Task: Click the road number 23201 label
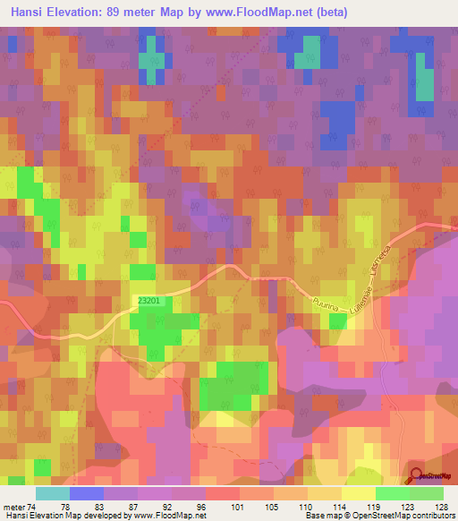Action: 149,301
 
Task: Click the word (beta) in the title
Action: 327,13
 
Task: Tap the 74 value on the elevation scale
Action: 32,506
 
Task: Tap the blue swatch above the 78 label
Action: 86,493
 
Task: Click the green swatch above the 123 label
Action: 393,493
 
